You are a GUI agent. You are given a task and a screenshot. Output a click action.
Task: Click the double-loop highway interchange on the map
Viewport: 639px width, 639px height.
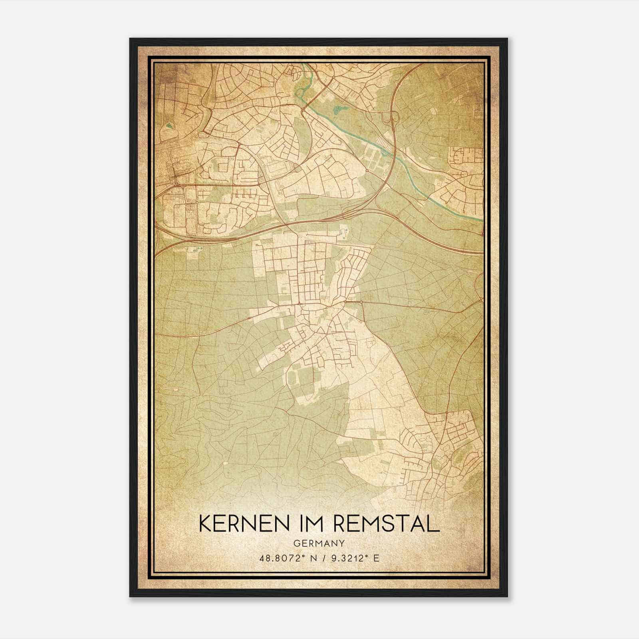point(390,118)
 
